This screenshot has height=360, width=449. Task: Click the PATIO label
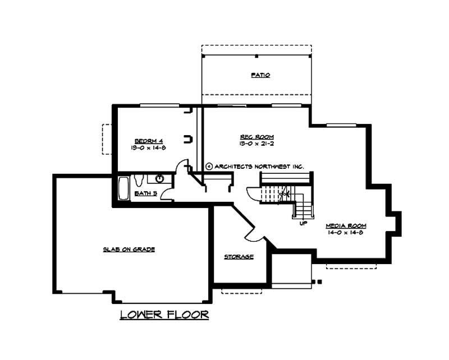click(x=260, y=75)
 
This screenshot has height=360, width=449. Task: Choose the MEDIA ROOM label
click(x=346, y=225)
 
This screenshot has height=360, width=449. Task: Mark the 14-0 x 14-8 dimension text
click(x=346, y=232)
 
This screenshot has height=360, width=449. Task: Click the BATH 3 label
click(x=145, y=193)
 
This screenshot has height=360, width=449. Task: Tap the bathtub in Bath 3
click(x=124, y=188)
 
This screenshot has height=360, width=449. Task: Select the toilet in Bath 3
click(x=140, y=179)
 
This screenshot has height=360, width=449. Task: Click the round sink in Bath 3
click(x=160, y=179)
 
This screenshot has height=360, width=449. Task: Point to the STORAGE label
click(x=239, y=257)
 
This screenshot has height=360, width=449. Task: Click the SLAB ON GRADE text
click(x=129, y=249)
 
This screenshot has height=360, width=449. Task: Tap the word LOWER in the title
click(x=141, y=315)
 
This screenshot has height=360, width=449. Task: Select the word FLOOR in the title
click(x=187, y=315)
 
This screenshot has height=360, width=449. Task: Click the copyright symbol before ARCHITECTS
click(x=209, y=166)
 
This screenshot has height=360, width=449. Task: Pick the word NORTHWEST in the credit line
click(x=272, y=166)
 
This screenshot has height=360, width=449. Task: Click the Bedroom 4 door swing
click(x=182, y=168)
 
